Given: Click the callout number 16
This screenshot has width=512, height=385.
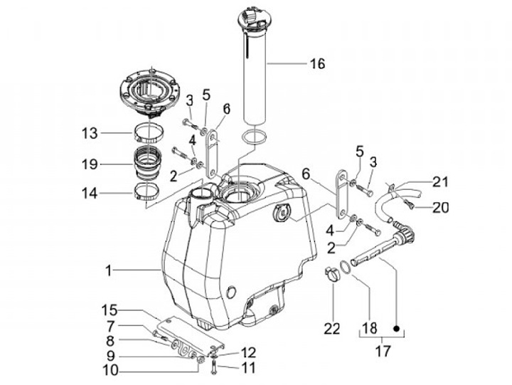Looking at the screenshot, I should point(316,64).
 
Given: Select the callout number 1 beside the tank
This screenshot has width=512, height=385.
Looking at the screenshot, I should point(109,270).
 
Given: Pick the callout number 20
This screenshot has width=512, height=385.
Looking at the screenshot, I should point(441,208).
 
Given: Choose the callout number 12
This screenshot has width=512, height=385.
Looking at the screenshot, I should point(247,352).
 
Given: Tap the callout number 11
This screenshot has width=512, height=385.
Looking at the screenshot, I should point(247,368).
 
